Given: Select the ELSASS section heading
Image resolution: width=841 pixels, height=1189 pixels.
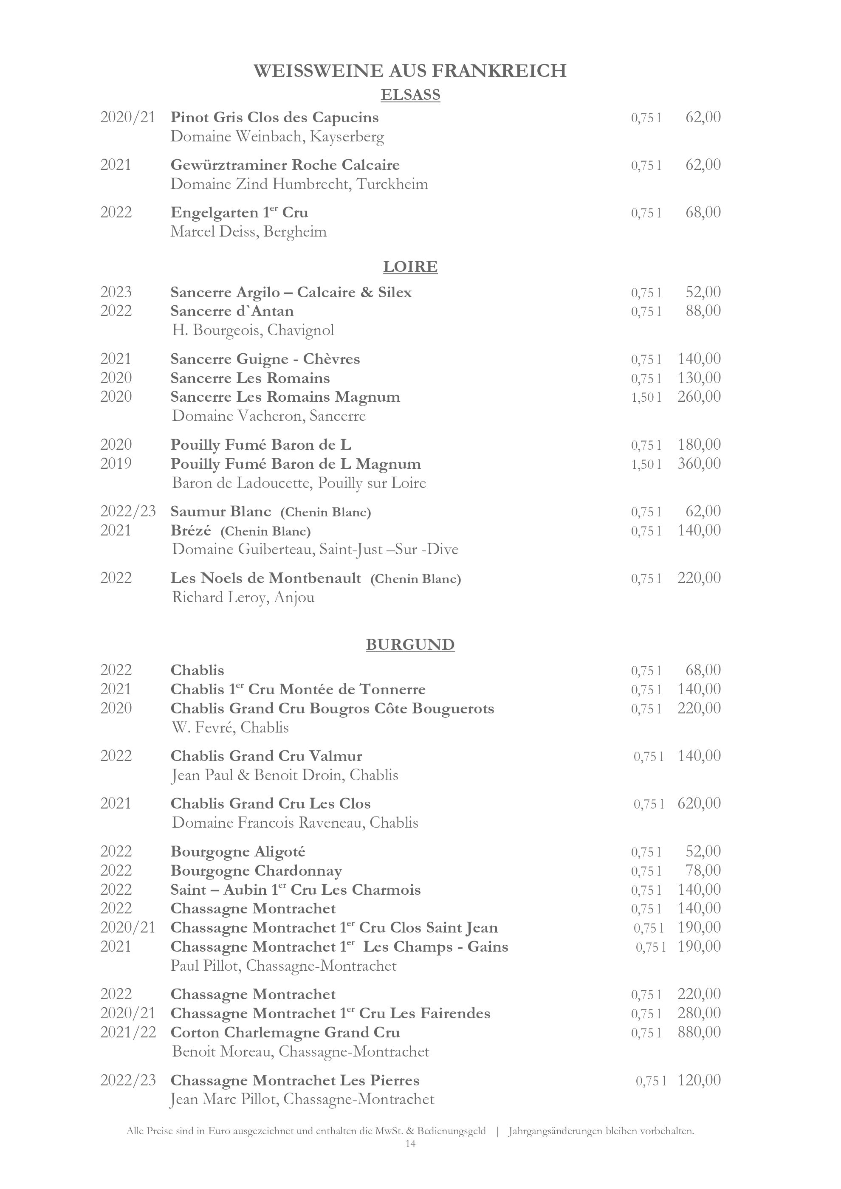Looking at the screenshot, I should pos(410,95).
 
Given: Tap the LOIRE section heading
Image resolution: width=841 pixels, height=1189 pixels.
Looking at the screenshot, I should pos(410,267).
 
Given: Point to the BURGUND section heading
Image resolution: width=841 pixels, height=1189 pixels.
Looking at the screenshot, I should pos(410,644).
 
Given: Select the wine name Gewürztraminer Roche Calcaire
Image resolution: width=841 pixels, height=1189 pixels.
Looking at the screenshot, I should pos(285,165).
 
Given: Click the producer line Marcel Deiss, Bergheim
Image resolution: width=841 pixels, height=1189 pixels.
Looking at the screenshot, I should pos(248,231).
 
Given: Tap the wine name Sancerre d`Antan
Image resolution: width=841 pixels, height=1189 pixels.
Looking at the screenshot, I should pos(232,311).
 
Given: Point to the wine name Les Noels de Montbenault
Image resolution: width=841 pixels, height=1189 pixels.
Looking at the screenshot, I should pos(265,578).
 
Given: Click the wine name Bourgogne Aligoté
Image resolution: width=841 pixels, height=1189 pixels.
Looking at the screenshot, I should pos(238,851).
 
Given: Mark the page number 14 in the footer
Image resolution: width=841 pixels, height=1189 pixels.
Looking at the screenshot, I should pos(410,1144).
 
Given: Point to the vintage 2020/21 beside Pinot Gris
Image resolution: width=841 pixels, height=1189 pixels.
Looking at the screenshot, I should pos(128,118).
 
